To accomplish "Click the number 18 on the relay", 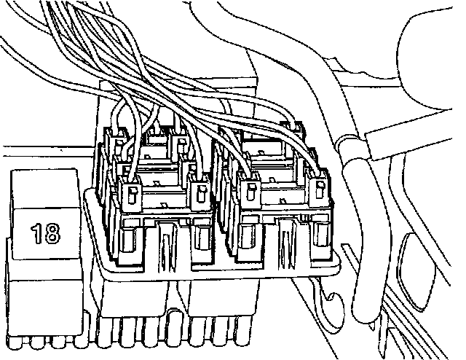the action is click(x=46, y=233).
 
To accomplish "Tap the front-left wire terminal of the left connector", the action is click(x=131, y=193).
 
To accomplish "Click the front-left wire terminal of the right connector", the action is click(x=250, y=191).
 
